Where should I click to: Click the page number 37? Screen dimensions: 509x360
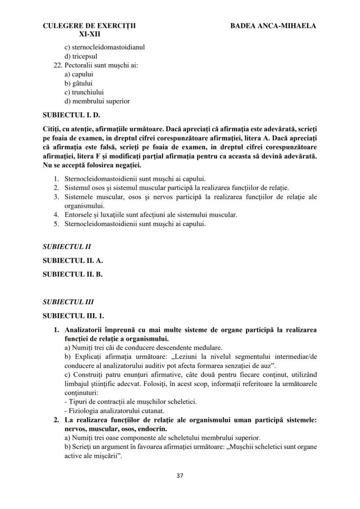[180, 475]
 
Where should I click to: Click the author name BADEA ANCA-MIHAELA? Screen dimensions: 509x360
[273, 26]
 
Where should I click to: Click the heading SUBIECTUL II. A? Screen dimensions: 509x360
[73, 261]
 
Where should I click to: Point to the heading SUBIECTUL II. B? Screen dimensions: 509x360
[73, 274]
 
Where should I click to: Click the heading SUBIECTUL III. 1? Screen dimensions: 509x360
[73, 315]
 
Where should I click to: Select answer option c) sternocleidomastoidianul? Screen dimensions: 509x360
[104, 47]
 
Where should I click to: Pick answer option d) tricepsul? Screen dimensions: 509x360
[81, 56]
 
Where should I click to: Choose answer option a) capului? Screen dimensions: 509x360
[79, 74]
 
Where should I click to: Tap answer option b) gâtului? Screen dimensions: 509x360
[78, 83]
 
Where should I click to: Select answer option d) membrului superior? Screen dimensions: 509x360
[97, 101]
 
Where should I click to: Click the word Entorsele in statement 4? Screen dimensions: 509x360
[78, 215]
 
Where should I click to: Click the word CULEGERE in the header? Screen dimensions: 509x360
[60, 26]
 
